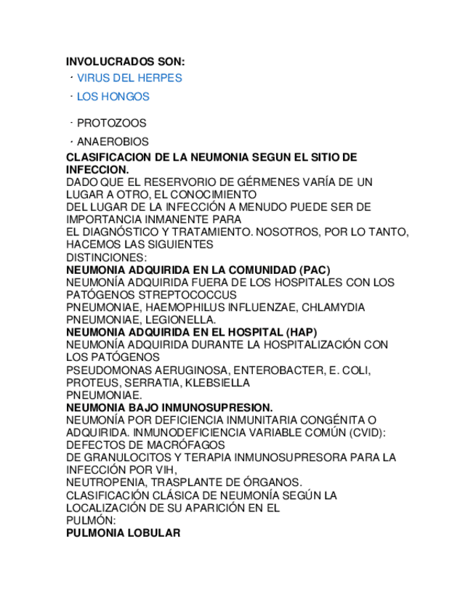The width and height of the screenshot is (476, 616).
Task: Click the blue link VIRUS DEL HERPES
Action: click(x=129, y=78)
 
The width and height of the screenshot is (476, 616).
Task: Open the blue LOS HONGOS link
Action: click(x=113, y=97)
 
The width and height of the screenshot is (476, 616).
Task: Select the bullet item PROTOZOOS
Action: click(x=111, y=123)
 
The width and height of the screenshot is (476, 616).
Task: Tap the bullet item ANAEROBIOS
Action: click(x=113, y=142)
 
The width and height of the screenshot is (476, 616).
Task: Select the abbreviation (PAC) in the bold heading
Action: click(x=314, y=269)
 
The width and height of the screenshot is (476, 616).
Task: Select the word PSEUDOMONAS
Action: click(x=106, y=370)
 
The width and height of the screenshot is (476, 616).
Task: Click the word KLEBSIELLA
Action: click(x=217, y=383)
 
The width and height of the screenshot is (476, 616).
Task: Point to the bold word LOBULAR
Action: click(x=154, y=532)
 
